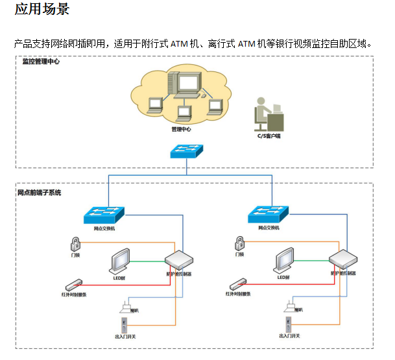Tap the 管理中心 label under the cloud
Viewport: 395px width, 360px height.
181,129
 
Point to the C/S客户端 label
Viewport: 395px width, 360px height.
269,136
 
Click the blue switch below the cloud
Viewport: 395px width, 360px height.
186,151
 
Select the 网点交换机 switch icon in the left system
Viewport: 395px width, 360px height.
104,214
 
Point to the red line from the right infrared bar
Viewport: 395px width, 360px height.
292,283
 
